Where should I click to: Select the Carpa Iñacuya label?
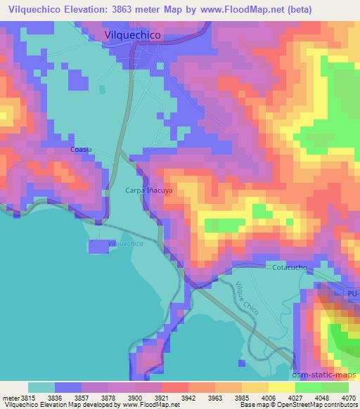[148, 190]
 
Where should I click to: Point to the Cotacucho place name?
[288, 268]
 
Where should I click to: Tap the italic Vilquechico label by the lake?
[126, 244]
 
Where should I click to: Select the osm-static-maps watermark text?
[325, 376]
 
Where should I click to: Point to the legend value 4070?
[348, 398]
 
